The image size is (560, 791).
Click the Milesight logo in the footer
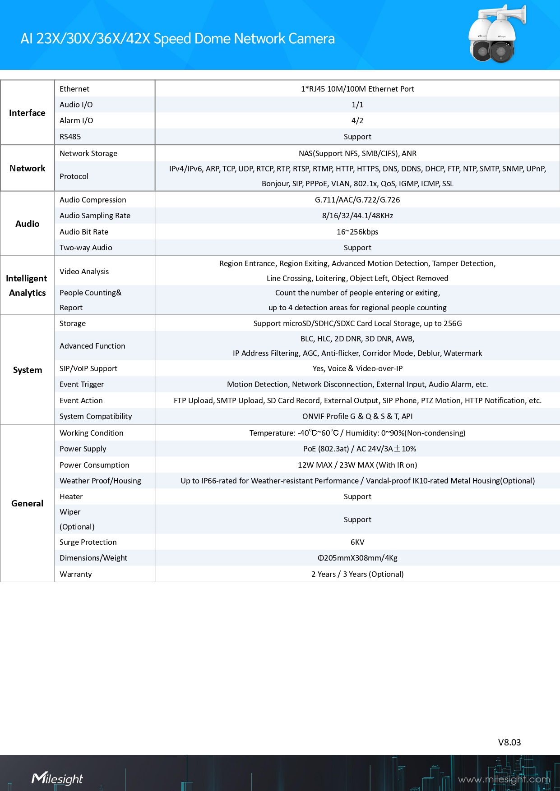click(x=57, y=778)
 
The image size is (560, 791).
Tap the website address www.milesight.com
click(x=504, y=779)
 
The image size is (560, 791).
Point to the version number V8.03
click(x=509, y=742)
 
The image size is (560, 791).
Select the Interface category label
click(x=27, y=113)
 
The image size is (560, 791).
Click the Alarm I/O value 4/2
click(x=357, y=120)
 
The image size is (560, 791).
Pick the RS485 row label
click(x=70, y=137)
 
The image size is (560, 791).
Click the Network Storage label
click(x=88, y=153)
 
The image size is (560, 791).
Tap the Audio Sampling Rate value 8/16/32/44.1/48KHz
click(x=357, y=216)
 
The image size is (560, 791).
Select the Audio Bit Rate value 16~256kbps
click(x=357, y=232)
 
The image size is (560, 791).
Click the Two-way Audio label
click(x=86, y=248)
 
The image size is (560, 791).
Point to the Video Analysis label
click(x=84, y=271)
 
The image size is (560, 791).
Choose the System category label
click(x=27, y=370)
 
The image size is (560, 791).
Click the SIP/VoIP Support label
click(x=88, y=368)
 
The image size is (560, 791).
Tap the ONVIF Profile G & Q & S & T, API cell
click(x=357, y=416)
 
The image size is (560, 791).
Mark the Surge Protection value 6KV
click(x=357, y=542)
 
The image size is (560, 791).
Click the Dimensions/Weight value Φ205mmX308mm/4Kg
click(x=357, y=558)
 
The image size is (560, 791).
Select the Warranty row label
click(x=75, y=574)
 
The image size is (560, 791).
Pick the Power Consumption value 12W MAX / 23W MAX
click(x=357, y=465)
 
